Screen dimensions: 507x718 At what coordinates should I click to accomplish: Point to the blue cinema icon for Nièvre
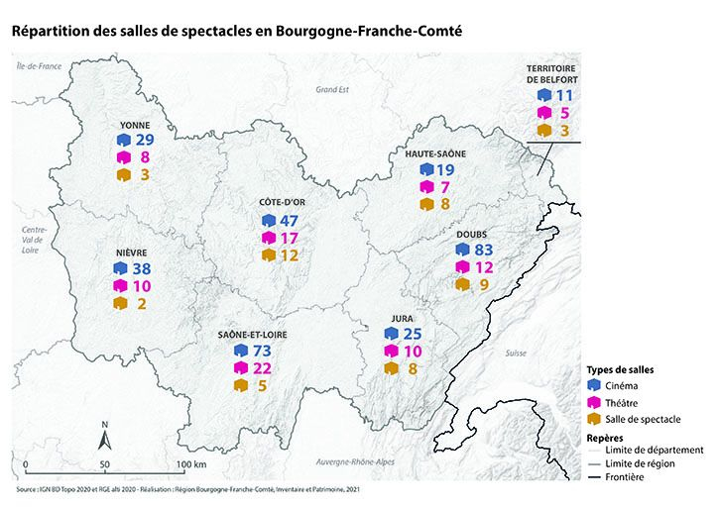(x=120, y=268)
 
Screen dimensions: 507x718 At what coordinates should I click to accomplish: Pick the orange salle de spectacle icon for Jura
(x=390, y=368)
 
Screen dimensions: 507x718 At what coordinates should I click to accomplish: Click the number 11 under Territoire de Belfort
(x=564, y=96)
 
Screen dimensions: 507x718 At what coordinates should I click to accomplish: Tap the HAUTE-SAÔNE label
(x=434, y=153)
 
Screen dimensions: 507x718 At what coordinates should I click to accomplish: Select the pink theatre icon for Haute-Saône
(x=426, y=187)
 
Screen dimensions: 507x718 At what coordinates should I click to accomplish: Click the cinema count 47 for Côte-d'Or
(x=289, y=220)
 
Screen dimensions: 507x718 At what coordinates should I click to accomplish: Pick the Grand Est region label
(x=327, y=89)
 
